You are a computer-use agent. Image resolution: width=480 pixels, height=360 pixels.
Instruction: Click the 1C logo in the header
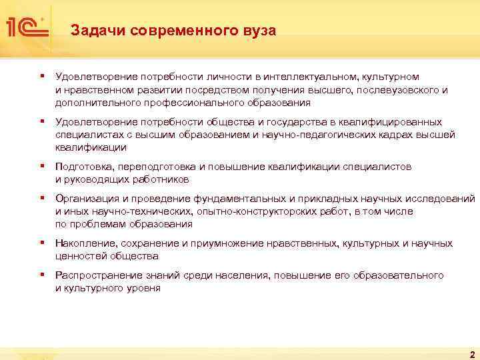pyautogui.click(x=27, y=26)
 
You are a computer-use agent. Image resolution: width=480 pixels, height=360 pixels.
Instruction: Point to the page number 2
pyautogui.click(x=471, y=354)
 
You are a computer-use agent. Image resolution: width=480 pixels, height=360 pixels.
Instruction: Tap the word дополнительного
pyautogui.click(x=90, y=103)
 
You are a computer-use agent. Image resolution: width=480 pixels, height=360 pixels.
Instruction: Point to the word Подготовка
pyautogui.click(x=84, y=167)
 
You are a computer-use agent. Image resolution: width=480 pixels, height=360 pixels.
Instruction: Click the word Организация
pyautogui.click(x=87, y=199)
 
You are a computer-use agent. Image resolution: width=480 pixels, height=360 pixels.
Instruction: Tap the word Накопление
pyautogui.click(x=84, y=243)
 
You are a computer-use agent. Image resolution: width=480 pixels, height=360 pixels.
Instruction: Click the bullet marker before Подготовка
pyautogui.click(x=42, y=166)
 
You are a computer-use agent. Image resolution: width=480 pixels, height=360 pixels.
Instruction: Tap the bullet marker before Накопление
pyautogui.click(x=42, y=243)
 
